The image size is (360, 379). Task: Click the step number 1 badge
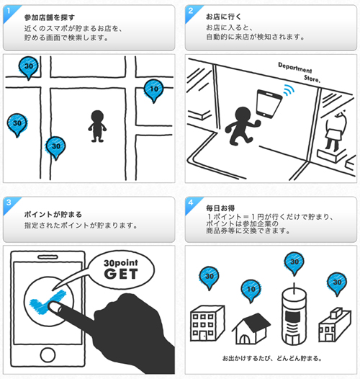pyautogui.click(x=9, y=12)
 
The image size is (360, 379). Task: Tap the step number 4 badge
pyautogui.click(x=191, y=203)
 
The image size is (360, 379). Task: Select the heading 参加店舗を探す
pyautogui.click(x=50, y=17)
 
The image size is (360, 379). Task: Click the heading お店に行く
pyautogui.click(x=223, y=17)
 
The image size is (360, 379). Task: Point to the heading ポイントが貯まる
pyautogui.click(x=53, y=215)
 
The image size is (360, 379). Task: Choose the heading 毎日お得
pyautogui.click(x=220, y=208)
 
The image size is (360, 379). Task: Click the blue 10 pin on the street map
pyautogui.click(x=153, y=91)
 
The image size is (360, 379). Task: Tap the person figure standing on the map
pyautogui.click(x=97, y=126)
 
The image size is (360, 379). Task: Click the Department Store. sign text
pyautogui.click(x=299, y=72)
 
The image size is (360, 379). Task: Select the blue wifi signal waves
pyautogui.click(x=289, y=90)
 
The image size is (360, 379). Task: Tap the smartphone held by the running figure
pyautogui.click(x=269, y=104)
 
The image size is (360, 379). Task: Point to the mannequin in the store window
pyautogui.click(x=336, y=130)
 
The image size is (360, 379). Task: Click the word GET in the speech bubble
pyautogui.click(x=121, y=274)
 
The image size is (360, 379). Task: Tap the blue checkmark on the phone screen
pyautogui.click(x=48, y=302)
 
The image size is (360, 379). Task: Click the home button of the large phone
pyautogui.click(x=48, y=355)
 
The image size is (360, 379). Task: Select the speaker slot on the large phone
pyautogui.click(x=48, y=257)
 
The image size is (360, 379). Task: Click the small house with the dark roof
pyautogui.click(x=251, y=329)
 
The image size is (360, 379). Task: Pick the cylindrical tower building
pyautogui.click(x=294, y=314)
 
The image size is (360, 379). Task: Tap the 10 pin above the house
pyautogui.click(x=251, y=291)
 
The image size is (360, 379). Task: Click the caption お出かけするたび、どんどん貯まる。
pyautogui.click(x=272, y=358)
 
